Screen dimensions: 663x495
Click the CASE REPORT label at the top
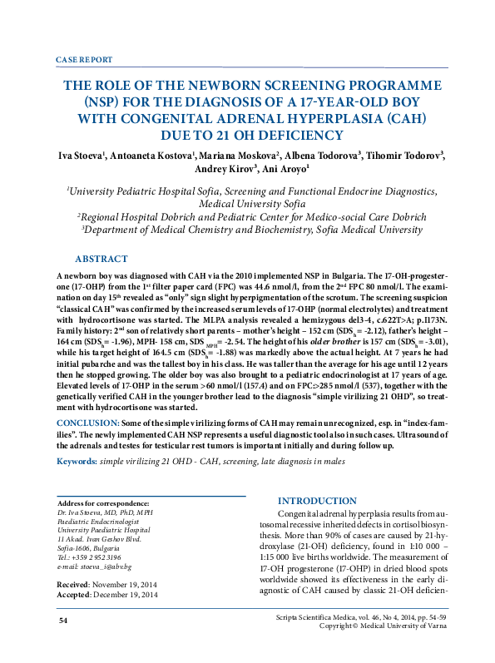coord(83,61)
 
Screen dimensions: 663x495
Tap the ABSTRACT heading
coord(101,259)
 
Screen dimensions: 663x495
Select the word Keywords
coord(76,461)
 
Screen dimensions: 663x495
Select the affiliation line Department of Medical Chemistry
coord(245,230)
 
